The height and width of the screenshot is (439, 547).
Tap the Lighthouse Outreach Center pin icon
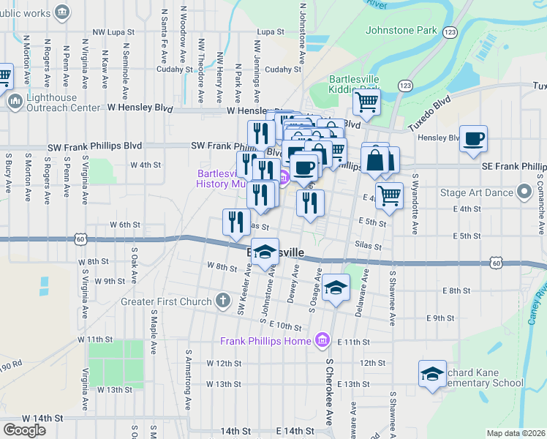(15, 102)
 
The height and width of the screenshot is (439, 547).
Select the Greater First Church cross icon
(224, 300)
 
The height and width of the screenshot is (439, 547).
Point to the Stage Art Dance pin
(524, 192)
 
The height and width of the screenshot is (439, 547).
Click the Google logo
(24, 430)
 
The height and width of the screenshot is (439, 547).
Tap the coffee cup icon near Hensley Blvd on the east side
(474, 138)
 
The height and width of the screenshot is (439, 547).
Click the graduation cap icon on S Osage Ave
(336, 288)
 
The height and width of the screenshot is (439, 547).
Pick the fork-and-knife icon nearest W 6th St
(235, 222)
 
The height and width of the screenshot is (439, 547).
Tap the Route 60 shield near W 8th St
(80, 239)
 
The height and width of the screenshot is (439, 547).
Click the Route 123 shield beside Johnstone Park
(450, 31)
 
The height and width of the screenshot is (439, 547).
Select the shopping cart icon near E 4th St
(389, 195)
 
